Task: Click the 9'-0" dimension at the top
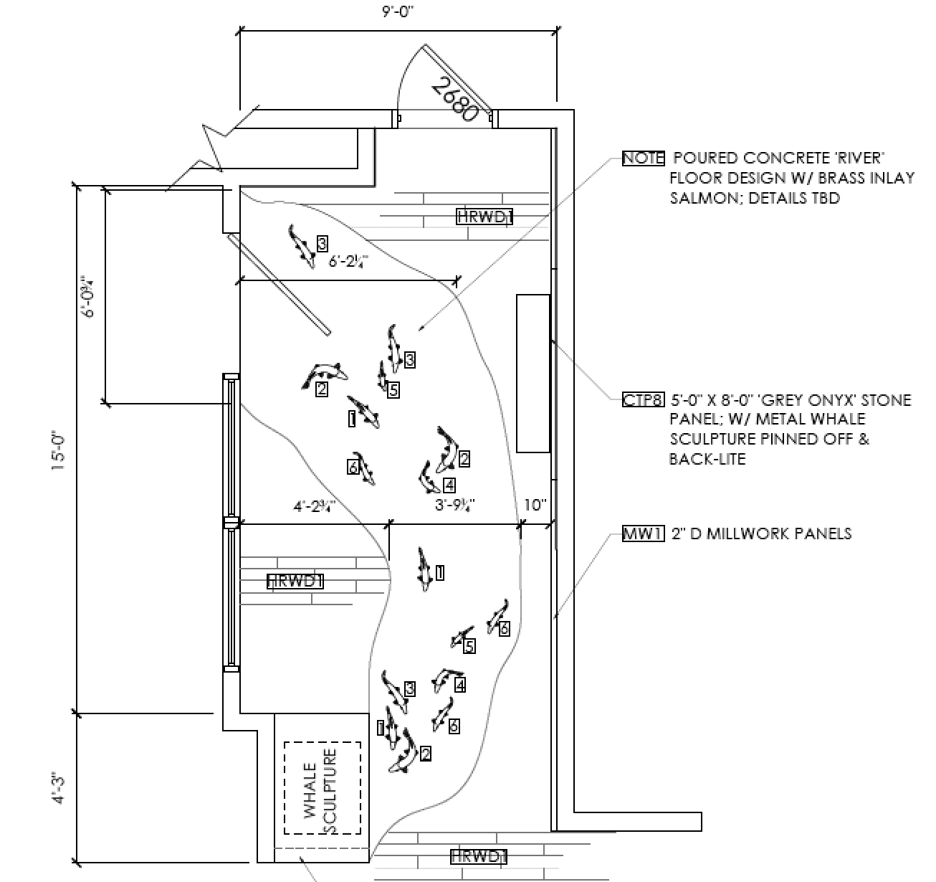click(x=399, y=12)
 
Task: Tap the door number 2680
click(x=455, y=98)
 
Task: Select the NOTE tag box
click(x=643, y=158)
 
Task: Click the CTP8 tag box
click(x=643, y=400)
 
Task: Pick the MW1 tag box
click(x=643, y=534)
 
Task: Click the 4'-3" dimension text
click(x=59, y=787)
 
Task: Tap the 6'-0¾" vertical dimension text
click(x=87, y=295)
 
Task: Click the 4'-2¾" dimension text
click(x=315, y=506)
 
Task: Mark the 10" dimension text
click(x=535, y=506)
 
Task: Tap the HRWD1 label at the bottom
click(x=479, y=856)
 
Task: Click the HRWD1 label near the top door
click(x=484, y=216)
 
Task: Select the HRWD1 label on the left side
click(x=295, y=581)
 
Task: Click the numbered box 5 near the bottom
click(x=469, y=646)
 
